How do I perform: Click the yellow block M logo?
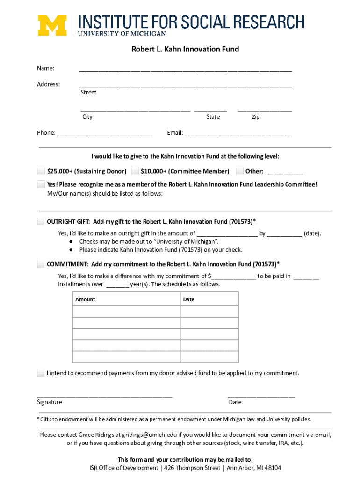coord(52,25)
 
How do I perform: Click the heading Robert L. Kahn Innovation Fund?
coord(185,49)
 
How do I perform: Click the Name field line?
coord(185,70)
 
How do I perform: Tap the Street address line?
coord(185,86)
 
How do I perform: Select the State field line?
coord(210,111)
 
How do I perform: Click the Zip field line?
coord(264,111)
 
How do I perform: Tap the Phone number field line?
coord(105,134)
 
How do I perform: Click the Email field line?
coord(238,134)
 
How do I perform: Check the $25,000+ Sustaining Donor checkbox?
coord(42,171)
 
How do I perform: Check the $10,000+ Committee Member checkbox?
coord(135,171)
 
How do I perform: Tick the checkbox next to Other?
coord(240,171)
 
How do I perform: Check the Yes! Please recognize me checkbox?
coord(42,184)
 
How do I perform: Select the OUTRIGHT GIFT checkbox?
coord(42,221)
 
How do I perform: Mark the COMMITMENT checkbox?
coord(42,264)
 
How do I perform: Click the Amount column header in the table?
coord(85,299)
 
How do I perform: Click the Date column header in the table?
coord(189,299)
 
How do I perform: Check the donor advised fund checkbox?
coord(42,373)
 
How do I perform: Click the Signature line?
coord(104,395)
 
